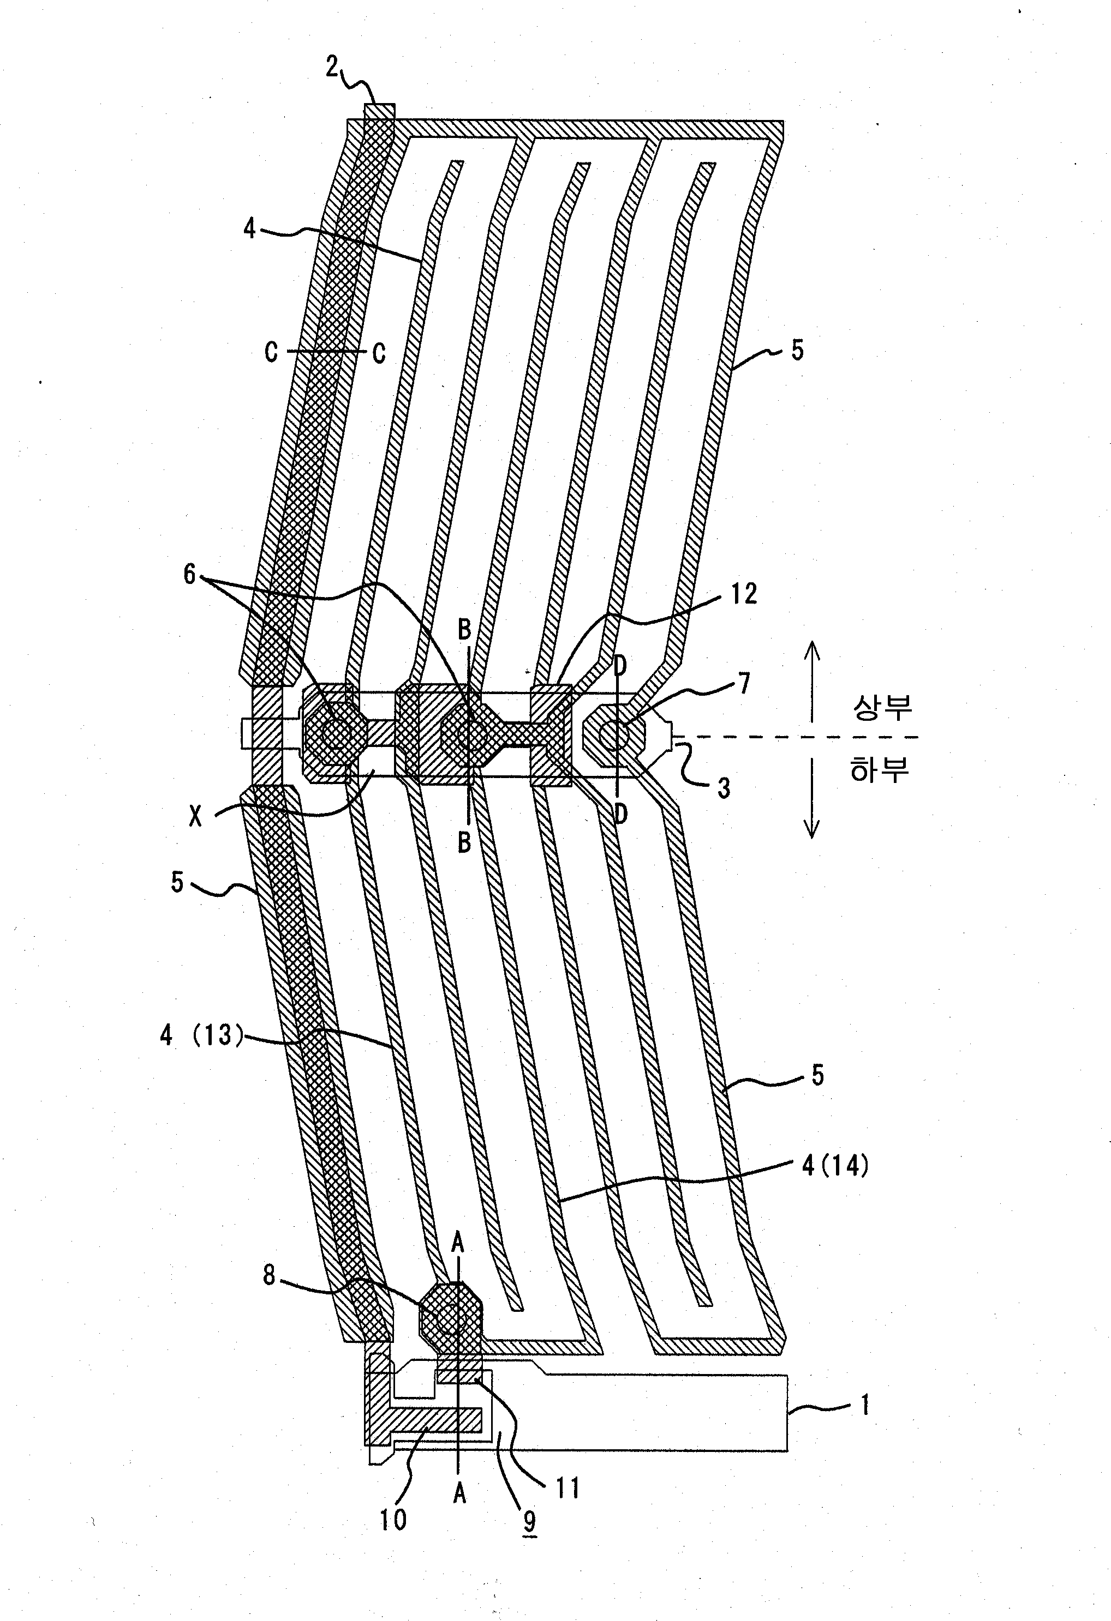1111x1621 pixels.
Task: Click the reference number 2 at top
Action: [332, 67]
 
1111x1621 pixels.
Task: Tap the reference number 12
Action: [743, 594]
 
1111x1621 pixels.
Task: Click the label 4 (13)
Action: [202, 1034]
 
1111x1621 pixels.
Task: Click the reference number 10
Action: [392, 1518]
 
